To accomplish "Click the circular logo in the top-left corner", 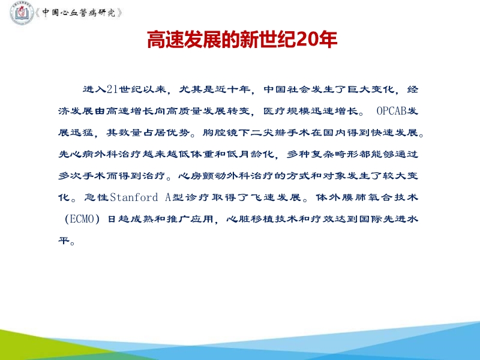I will tap(22, 13).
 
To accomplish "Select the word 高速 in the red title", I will tap(164, 40).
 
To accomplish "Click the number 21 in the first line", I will tap(112, 90).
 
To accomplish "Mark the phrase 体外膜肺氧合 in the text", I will tap(347, 197).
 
